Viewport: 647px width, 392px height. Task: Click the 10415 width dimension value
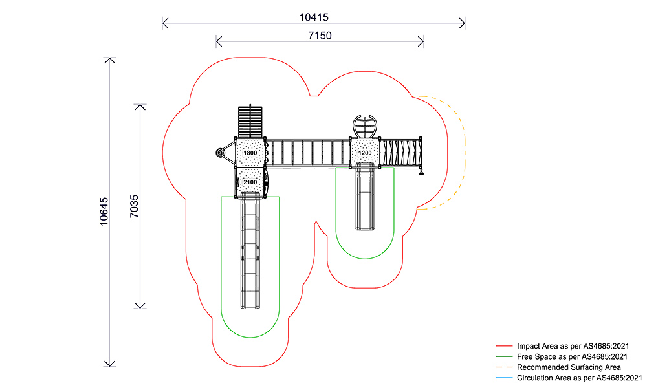(313, 16)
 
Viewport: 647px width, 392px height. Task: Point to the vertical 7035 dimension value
(134, 205)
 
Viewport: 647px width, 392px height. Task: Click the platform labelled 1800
(250, 153)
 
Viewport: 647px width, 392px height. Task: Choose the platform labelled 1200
(365, 153)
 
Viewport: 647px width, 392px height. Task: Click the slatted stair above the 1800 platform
(251, 121)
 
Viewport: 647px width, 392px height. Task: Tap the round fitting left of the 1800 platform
(221, 153)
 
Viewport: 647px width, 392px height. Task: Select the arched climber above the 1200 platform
(365, 125)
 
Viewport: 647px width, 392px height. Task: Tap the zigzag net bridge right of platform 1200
(400, 153)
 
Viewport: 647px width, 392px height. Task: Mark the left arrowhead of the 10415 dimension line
(164, 24)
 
